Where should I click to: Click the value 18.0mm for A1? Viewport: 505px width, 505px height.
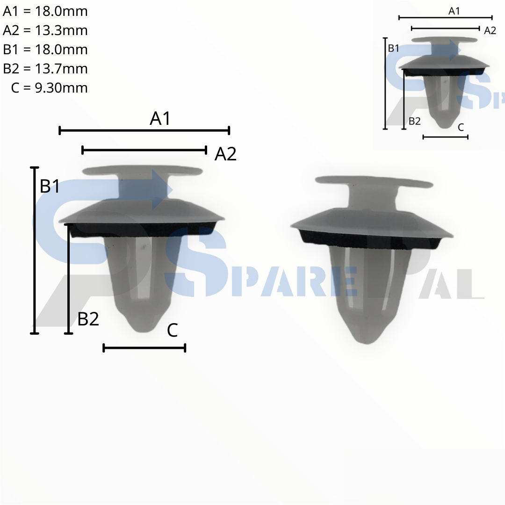click(61, 11)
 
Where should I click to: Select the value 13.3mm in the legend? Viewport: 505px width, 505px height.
click(61, 30)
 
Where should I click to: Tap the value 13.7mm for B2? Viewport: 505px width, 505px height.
click(61, 69)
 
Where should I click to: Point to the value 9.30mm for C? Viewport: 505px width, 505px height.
click(61, 87)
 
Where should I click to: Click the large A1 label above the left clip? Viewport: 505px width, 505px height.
click(160, 118)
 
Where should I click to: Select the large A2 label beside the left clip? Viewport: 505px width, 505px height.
click(225, 154)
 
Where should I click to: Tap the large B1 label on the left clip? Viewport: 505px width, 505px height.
click(50, 186)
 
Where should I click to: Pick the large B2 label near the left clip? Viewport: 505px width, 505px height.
click(88, 319)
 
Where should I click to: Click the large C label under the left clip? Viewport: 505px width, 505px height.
click(172, 330)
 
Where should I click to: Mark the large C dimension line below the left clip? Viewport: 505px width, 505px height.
click(144, 348)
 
